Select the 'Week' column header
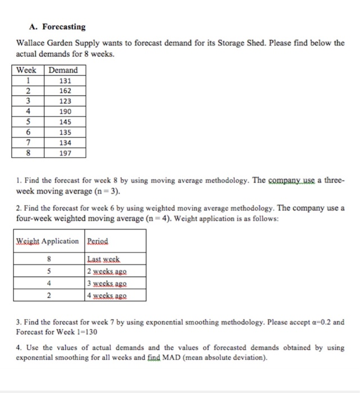(x=26, y=70)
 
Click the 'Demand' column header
(x=63, y=70)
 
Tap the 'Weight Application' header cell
(x=48, y=241)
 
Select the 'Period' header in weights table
(x=98, y=241)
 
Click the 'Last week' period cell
(x=104, y=259)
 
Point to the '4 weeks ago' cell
(x=110, y=294)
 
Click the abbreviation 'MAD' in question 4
(x=189, y=358)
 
